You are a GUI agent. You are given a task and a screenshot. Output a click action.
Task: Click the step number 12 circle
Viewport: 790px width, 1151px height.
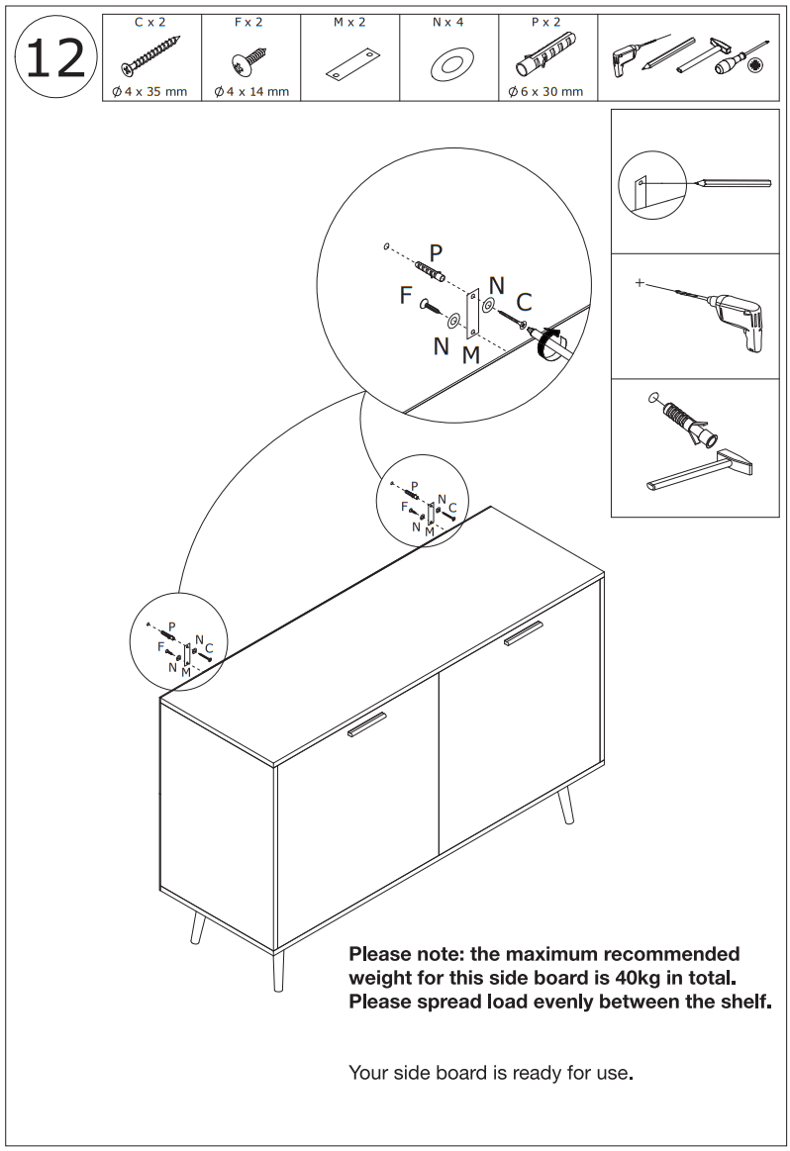[55, 58]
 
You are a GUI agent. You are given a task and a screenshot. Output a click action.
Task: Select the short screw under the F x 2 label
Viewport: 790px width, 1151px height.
[248, 61]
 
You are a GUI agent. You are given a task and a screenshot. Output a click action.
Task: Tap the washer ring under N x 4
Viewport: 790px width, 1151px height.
[448, 65]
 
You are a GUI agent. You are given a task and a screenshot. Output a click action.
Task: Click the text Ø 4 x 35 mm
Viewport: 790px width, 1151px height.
[151, 92]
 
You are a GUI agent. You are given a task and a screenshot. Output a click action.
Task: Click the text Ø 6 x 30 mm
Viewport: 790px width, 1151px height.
[545, 92]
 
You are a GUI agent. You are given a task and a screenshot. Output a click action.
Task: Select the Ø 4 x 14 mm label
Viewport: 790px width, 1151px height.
[251, 92]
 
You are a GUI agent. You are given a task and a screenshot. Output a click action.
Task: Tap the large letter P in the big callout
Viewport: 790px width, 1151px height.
[436, 253]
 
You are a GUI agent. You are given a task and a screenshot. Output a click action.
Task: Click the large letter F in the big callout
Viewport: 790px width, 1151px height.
[406, 295]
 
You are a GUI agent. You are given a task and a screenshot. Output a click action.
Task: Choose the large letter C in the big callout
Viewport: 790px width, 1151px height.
[524, 302]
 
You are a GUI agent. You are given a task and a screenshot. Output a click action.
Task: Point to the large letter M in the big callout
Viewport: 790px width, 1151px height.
[471, 354]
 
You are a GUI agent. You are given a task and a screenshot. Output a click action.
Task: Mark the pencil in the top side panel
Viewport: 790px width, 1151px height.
[733, 183]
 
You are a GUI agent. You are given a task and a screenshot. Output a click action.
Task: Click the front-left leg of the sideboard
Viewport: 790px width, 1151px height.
[277, 970]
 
